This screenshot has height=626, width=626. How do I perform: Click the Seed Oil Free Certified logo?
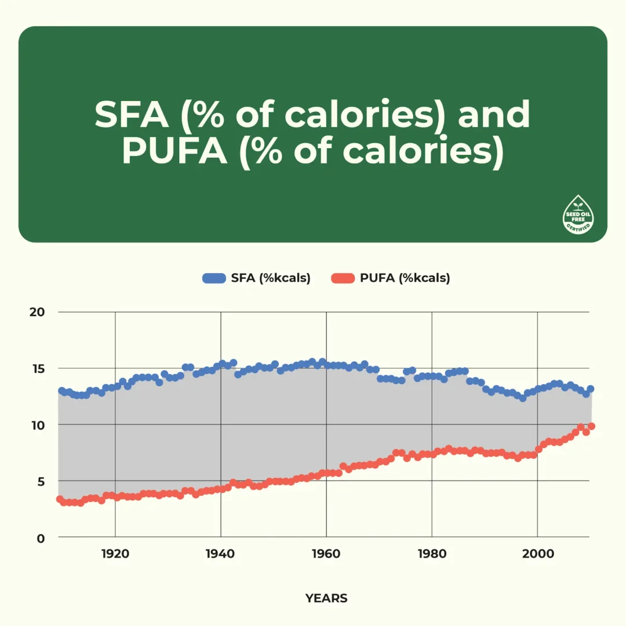(578, 215)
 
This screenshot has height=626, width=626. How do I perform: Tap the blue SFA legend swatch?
(214, 278)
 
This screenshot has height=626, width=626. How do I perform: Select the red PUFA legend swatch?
(343, 278)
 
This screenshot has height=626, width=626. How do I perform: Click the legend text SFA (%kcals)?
(271, 278)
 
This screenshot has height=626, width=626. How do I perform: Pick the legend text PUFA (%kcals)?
(405, 278)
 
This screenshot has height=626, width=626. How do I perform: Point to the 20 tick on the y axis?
(37, 312)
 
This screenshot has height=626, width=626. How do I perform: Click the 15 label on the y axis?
(37, 369)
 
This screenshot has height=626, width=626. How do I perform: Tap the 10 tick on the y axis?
(37, 425)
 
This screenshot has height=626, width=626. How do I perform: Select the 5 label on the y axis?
(41, 481)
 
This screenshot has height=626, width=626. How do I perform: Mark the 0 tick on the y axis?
(41, 538)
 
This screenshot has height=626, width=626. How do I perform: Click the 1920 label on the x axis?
(115, 554)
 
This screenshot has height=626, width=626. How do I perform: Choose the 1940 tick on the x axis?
(221, 554)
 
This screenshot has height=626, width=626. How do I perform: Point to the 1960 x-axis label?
(326, 554)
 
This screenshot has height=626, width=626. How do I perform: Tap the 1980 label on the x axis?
(432, 554)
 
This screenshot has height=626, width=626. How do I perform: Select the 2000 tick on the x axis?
(537, 554)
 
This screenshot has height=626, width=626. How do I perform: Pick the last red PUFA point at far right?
(591, 427)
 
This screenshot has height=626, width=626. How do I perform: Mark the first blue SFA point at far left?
(61, 391)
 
